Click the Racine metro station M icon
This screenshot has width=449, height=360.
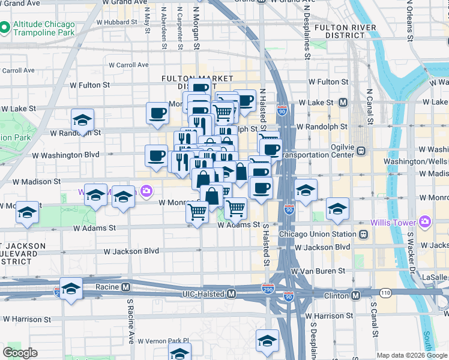[126, 287]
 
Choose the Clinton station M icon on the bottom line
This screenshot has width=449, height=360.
[356, 295]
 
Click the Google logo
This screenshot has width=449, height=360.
[20, 353]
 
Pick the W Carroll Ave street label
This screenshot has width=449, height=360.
[128, 65]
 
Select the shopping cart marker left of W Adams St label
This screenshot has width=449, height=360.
[197, 212]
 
